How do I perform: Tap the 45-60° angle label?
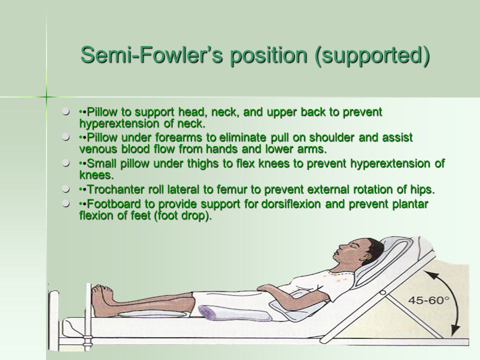coord(428,300)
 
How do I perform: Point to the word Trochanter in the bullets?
coord(116,189)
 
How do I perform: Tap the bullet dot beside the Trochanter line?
coord(65,189)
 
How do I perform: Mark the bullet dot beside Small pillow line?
coord(65,163)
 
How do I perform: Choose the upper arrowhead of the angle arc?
coord(428,274)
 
